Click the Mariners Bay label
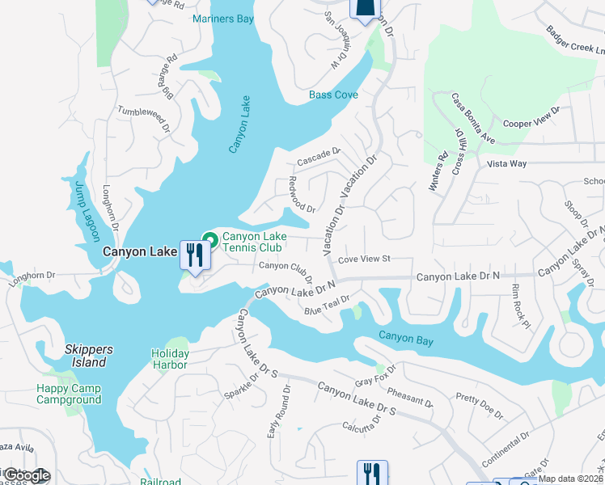point(223,19)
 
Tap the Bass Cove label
point(333,95)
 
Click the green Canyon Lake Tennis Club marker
point(210,239)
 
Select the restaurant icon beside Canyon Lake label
point(195,255)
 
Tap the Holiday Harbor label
point(170,359)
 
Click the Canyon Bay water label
point(406,339)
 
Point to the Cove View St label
point(364,259)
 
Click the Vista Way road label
point(507,163)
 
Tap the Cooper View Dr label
point(531,117)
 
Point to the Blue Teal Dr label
point(327,305)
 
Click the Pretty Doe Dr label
point(479,406)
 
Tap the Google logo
point(26,475)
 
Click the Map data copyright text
point(570,479)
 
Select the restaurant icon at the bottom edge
point(372,473)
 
